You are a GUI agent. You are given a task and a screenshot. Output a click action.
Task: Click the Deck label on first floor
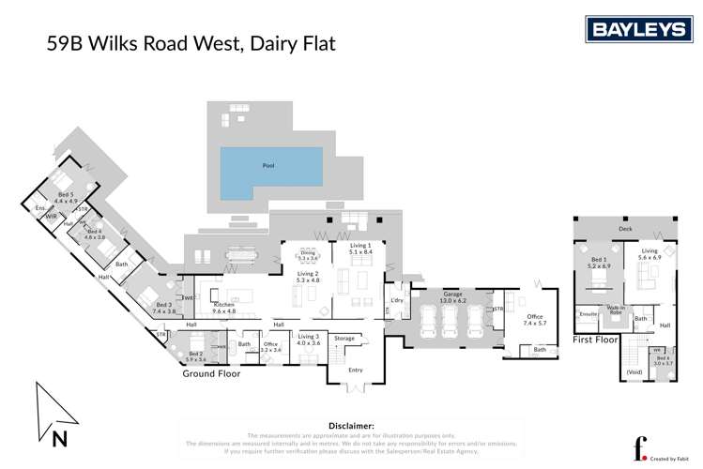coord(625,228)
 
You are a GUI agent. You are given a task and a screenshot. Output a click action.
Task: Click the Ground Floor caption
coord(211,373)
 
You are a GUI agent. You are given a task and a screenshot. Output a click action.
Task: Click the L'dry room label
coord(395,299)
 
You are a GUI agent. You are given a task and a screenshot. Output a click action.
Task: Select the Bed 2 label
coord(195,356)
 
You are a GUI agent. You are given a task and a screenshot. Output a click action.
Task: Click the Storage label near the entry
coord(344,339)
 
